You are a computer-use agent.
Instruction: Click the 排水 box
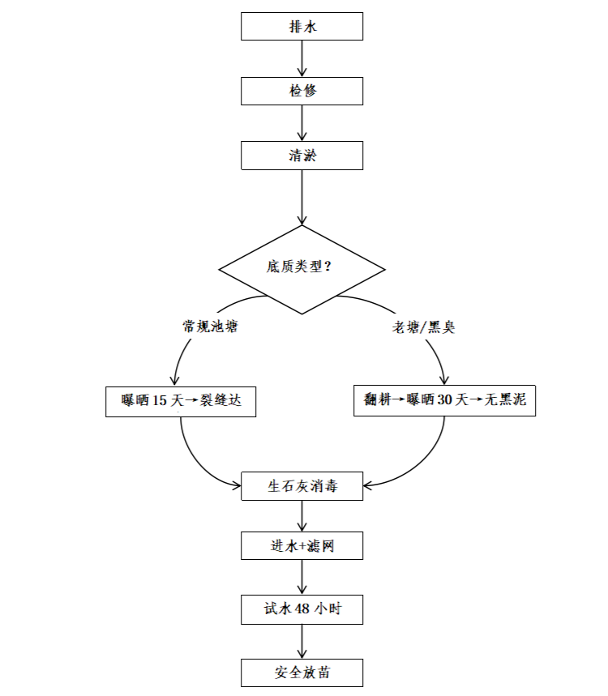302,27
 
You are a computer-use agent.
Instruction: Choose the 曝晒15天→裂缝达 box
181,401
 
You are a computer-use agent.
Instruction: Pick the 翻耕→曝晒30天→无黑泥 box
444,401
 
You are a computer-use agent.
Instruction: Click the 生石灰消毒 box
302,487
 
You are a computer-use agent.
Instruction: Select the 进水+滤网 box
302,546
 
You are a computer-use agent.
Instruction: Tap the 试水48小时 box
302,609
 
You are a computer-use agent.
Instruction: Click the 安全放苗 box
302,673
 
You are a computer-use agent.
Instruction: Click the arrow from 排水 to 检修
302,58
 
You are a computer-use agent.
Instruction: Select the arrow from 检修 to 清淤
302,123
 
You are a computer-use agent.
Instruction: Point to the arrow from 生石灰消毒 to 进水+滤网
302,516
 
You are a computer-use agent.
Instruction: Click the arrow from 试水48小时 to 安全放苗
302,641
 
